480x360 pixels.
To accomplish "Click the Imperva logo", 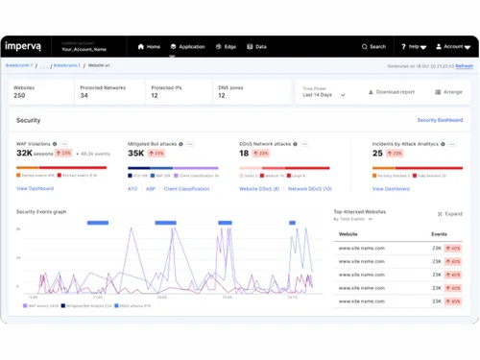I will (x=27, y=46).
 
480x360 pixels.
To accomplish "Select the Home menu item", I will (x=149, y=46).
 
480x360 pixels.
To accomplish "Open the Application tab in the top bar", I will (x=188, y=46).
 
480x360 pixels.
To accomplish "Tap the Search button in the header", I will (x=374, y=46).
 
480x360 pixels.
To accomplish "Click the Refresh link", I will (x=464, y=66).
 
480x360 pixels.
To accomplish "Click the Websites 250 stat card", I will (x=40, y=91).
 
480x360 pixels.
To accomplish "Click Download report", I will (x=393, y=92).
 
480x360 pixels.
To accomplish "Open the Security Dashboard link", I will (x=440, y=121).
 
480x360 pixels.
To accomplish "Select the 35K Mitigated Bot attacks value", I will (x=136, y=153).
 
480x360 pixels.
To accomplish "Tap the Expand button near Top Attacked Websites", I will (x=450, y=213).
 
